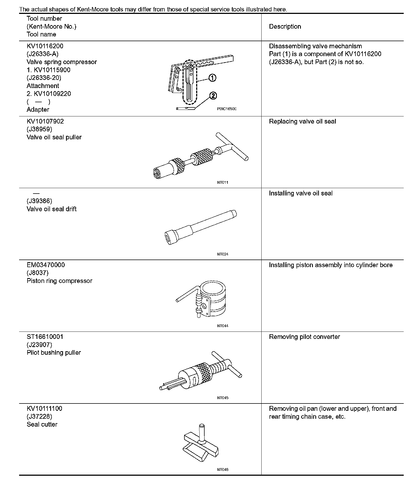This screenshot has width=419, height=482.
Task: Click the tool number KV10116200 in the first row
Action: click(45, 46)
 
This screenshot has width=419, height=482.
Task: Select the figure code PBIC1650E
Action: click(227, 109)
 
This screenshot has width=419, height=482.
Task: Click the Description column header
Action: click(285, 26)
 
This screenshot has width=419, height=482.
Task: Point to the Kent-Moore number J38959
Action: click(39, 129)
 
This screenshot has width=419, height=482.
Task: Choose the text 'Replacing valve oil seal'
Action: click(303, 121)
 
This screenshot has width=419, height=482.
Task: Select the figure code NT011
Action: click(223, 182)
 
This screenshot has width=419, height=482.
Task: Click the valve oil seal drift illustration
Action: click(201, 227)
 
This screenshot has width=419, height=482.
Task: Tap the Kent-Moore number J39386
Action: click(39, 201)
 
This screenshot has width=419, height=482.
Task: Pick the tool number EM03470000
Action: click(46, 265)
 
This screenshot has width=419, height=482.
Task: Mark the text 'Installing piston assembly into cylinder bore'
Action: click(331, 265)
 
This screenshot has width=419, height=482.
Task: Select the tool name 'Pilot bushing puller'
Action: click(54, 353)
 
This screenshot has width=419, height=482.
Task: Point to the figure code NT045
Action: click(223, 398)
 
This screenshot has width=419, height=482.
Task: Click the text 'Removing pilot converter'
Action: click(304, 337)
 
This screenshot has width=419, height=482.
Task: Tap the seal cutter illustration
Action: click(201, 447)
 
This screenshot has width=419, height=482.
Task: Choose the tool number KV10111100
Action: click(44, 408)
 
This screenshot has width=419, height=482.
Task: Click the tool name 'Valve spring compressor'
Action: click(62, 62)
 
